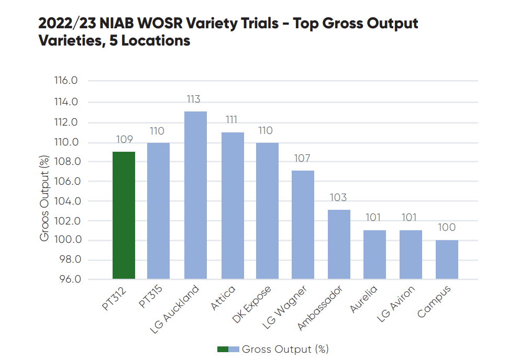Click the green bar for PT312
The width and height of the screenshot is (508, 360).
pyautogui.click(x=124, y=215)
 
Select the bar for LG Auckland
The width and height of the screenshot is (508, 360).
pyautogui.click(x=195, y=195)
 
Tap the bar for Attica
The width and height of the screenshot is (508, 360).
pyautogui.click(x=233, y=205)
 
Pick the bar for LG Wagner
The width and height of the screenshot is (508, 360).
pyautogui.click(x=303, y=224)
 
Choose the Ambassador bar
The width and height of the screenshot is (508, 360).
pyautogui.click(x=339, y=244)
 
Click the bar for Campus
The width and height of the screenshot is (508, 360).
pyautogui.click(x=447, y=259)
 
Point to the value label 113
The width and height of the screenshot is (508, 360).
pyautogui.click(x=193, y=99)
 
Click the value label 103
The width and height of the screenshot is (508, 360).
pyautogui.click(x=338, y=198)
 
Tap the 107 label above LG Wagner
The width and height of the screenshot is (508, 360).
pyautogui.click(x=302, y=159)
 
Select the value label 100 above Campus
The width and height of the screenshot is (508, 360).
pyautogui.click(x=447, y=228)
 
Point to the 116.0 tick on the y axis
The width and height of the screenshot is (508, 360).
pyautogui.click(x=65, y=81)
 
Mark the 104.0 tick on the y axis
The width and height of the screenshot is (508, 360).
pyautogui.click(x=65, y=201)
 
